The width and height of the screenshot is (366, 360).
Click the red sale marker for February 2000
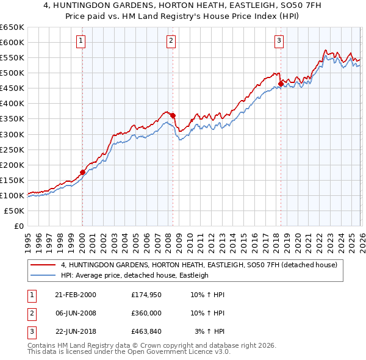click(82, 172)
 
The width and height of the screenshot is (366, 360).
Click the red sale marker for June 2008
click(173, 115)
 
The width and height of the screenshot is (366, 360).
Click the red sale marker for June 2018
click(281, 84)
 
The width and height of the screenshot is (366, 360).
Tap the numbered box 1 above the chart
click(81, 41)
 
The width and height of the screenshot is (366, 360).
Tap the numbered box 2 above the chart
click(171, 41)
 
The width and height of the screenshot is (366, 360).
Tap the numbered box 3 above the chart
click(279, 41)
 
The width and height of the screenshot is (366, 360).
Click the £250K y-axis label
click(13, 149)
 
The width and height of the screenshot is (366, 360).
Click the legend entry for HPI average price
click(135, 275)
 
